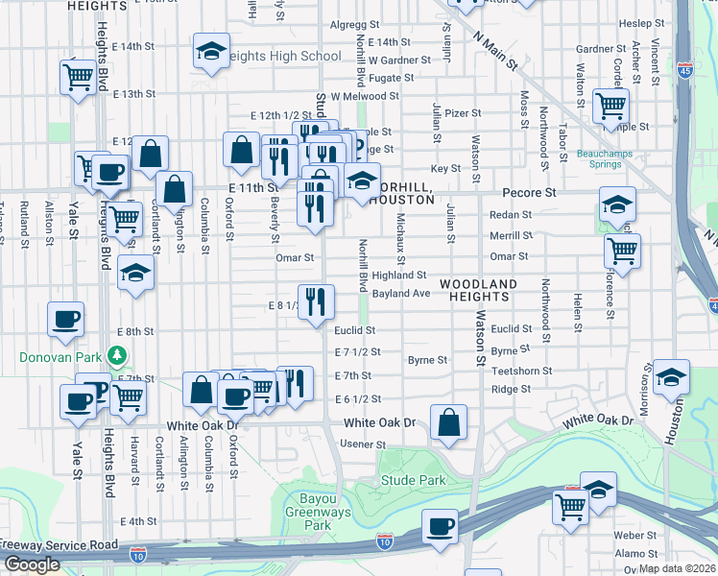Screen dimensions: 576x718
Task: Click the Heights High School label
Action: tap(286, 56)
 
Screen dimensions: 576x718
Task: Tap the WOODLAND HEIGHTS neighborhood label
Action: tap(479, 291)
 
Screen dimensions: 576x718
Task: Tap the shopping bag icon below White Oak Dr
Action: tap(448, 422)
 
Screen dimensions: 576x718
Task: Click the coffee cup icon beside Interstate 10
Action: tap(441, 526)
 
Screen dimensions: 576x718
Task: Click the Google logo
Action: tap(32, 564)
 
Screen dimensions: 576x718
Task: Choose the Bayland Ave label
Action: tap(401, 293)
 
